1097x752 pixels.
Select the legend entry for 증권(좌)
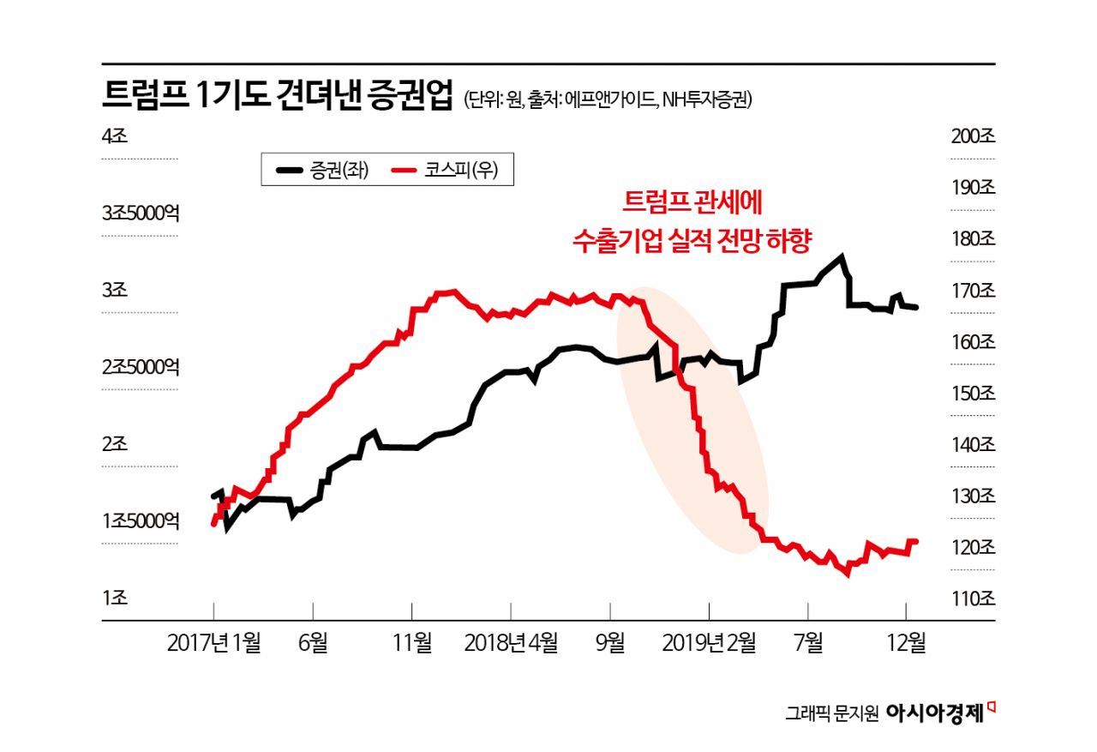(322, 171)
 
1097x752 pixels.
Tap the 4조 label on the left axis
(114, 135)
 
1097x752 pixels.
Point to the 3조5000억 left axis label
(141, 213)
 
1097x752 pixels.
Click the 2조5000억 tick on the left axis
(141, 367)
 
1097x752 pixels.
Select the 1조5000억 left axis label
(141, 521)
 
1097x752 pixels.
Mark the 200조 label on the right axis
(972, 135)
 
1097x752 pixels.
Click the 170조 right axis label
(972, 291)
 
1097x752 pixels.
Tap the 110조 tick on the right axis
(972, 599)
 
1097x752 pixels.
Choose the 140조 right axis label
(972, 445)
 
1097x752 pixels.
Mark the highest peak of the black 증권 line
(842, 256)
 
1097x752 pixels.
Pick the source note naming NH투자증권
(707, 99)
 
